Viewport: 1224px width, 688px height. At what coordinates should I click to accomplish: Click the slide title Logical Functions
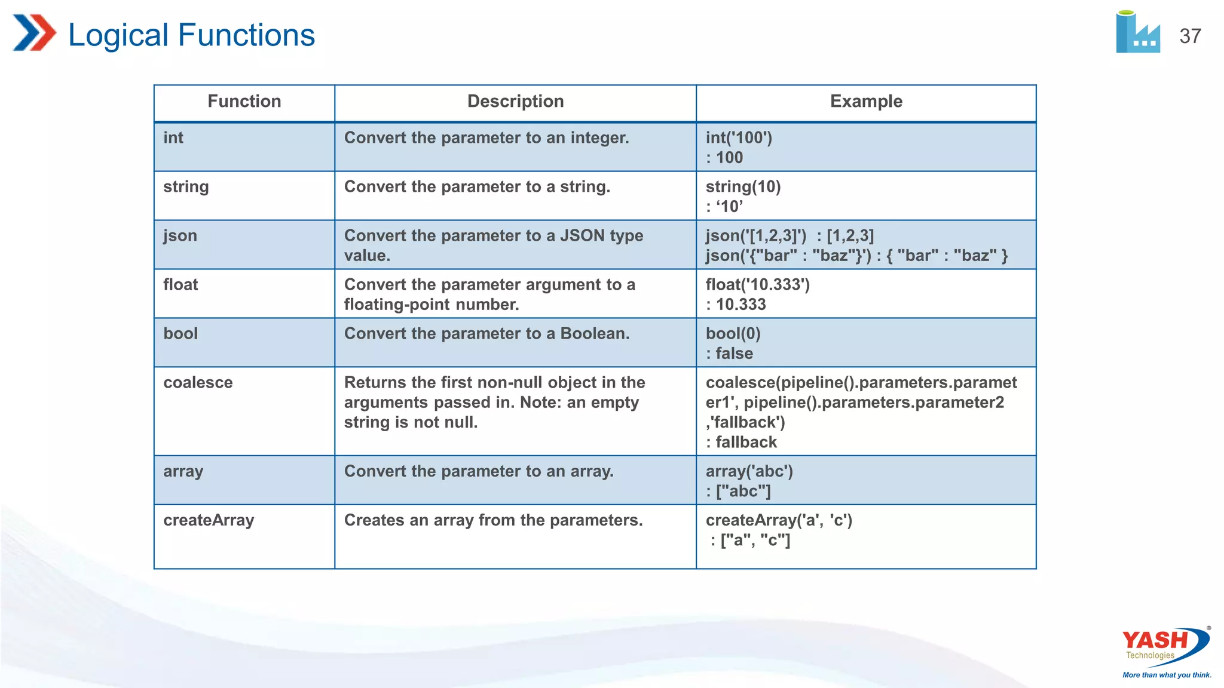(x=191, y=35)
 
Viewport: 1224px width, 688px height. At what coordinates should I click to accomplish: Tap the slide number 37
(x=1190, y=36)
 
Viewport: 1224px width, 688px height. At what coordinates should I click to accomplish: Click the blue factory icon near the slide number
(x=1137, y=33)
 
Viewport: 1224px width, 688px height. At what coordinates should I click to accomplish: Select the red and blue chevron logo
(x=34, y=33)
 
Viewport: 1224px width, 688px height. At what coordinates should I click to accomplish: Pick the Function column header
(x=244, y=102)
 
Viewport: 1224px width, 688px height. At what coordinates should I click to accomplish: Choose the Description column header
(x=515, y=102)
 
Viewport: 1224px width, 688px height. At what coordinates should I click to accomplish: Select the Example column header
(x=866, y=102)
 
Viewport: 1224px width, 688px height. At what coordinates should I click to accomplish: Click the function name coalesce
(x=198, y=383)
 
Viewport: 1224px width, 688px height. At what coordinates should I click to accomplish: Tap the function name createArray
(x=209, y=520)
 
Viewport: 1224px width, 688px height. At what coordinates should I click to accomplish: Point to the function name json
(x=180, y=236)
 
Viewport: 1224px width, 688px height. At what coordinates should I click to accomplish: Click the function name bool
(x=180, y=334)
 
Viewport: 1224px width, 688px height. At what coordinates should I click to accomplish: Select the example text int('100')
(x=739, y=138)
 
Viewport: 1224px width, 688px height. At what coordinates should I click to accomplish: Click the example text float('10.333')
(x=757, y=285)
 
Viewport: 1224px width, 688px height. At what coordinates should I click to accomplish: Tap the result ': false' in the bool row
(x=729, y=354)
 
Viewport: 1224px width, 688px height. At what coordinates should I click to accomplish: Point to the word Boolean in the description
(x=594, y=334)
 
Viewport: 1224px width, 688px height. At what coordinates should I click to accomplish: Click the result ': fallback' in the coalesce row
(x=741, y=443)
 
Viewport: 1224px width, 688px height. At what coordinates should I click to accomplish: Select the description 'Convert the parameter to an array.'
(x=479, y=472)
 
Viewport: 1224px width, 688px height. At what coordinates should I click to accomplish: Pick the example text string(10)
(x=743, y=187)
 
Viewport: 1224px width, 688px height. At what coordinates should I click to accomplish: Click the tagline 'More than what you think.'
(x=1167, y=675)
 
